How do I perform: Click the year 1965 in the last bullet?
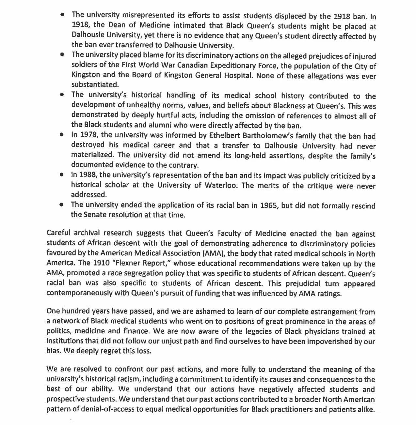268,205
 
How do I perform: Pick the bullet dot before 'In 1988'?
61,175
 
